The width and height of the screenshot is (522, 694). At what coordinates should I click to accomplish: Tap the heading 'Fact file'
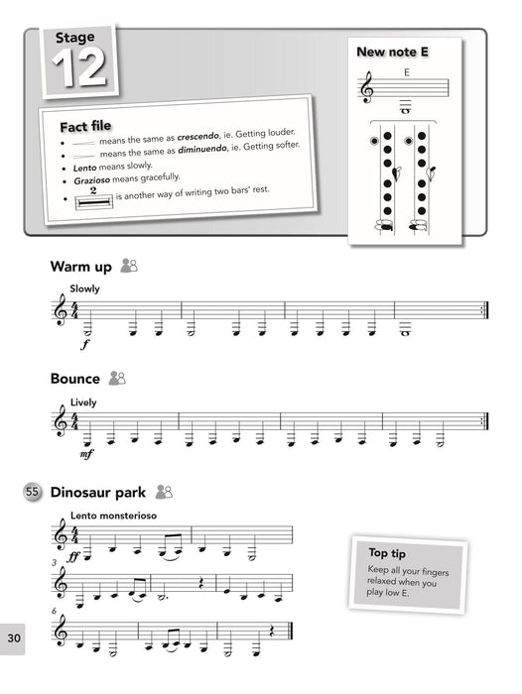85,128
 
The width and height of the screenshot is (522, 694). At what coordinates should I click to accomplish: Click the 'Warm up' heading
80,267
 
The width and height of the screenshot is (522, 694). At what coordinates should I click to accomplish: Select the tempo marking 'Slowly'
84,289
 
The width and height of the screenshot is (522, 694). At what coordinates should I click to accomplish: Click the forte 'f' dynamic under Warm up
86,346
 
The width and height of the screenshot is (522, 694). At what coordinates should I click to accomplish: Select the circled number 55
33,491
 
